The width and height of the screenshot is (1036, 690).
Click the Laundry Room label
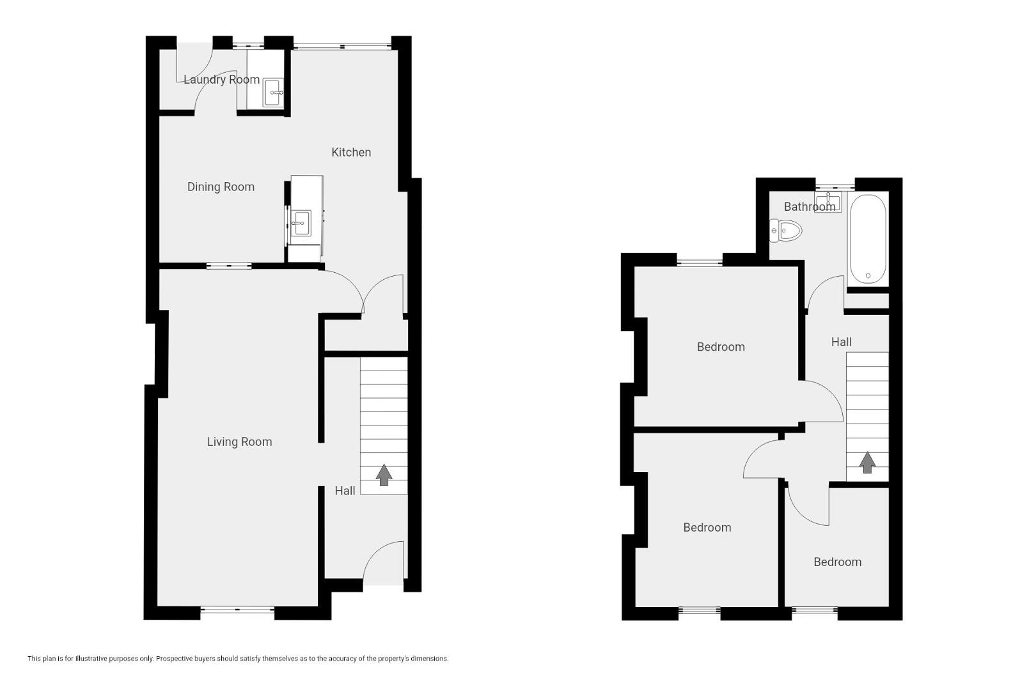click(x=221, y=79)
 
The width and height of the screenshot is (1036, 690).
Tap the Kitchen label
click(x=351, y=152)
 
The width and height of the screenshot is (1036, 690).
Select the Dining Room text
click(x=221, y=187)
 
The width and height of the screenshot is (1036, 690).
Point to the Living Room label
click(x=239, y=442)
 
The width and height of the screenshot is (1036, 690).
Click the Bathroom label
click(x=810, y=206)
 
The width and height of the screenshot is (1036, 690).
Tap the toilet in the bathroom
click(x=785, y=230)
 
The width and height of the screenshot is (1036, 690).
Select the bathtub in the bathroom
click(x=868, y=239)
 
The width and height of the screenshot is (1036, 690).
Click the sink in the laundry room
click(x=273, y=93)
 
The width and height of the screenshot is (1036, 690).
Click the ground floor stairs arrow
click(x=384, y=475)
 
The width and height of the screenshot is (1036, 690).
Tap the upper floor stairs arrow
click(x=867, y=462)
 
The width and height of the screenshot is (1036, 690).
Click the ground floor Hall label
click(x=345, y=491)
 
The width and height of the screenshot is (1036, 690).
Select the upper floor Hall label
click(x=842, y=342)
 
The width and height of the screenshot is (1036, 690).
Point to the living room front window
click(x=237, y=610)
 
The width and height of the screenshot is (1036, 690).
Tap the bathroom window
click(x=835, y=187)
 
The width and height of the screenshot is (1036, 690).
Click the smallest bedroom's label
click(x=838, y=562)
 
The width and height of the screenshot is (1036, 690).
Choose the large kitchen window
click(x=342, y=46)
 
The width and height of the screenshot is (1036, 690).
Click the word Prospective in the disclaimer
click(x=173, y=659)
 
